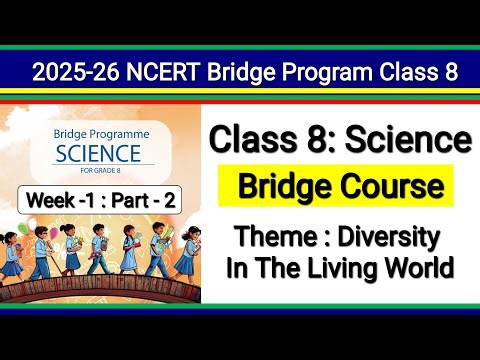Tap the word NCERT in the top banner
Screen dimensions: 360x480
162,72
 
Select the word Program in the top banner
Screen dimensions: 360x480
320,72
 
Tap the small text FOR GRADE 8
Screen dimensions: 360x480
105,168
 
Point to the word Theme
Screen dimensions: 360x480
275,238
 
